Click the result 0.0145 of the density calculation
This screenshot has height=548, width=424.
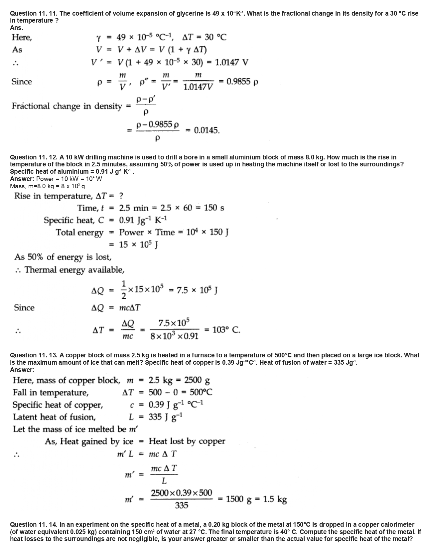click(x=207, y=130)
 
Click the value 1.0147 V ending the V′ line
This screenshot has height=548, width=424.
click(x=232, y=62)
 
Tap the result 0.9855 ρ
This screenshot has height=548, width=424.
click(x=242, y=82)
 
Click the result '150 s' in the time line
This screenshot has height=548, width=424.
click(x=214, y=208)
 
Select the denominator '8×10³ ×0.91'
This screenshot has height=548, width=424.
click(x=175, y=336)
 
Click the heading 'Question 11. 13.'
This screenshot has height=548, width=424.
click(x=34, y=355)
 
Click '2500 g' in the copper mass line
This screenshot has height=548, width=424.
click(x=197, y=380)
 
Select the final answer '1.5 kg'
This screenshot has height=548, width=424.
click(x=275, y=499)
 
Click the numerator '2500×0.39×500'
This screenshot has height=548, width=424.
click(x=182, y=493)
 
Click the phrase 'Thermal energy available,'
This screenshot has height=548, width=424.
click(x=74, y=270)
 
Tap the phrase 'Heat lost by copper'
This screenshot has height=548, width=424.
click(x=187, y=441)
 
